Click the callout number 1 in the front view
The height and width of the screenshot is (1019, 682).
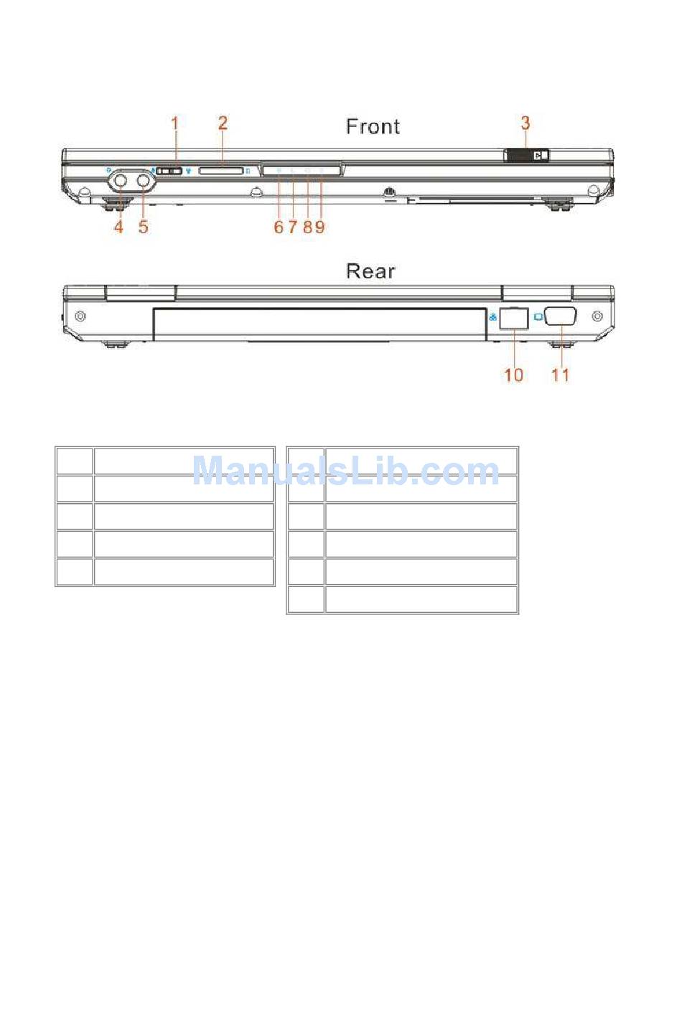click(x=175, y=123)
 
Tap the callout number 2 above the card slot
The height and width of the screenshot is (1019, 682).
click(x=223, y=123)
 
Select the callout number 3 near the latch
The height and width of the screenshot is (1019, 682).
click(x=525, y=123)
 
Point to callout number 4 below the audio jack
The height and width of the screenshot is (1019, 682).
click(x=118, y=226)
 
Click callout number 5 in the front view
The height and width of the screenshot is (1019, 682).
click(x=144, y=226)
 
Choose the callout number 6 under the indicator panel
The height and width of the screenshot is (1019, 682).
click(x=279, y=227)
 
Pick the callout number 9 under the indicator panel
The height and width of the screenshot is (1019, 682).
click(x=320, y=227)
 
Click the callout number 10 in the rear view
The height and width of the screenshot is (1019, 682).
click(x=514, y=375)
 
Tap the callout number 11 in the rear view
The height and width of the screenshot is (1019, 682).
click(x=560, y=375)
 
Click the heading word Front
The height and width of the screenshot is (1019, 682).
click(x=373, y=126)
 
